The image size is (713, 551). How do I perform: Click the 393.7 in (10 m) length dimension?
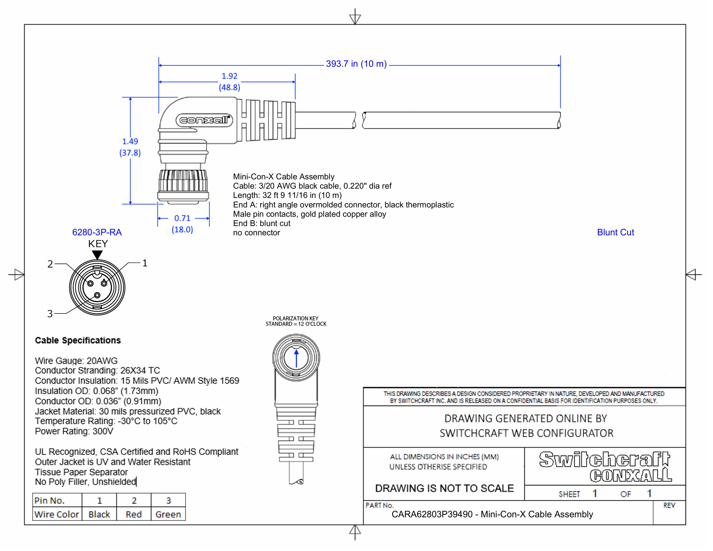tap(356, 64)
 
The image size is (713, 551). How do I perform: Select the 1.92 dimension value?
tap(229, 76)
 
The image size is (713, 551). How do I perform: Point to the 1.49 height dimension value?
tap(130, 141)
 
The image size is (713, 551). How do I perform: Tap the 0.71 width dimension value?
tap(182, 218)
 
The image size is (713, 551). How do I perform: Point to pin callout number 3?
tap(50, 314)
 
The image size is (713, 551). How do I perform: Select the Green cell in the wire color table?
tap(168, 514)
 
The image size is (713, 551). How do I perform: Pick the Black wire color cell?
tap(99, 514)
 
